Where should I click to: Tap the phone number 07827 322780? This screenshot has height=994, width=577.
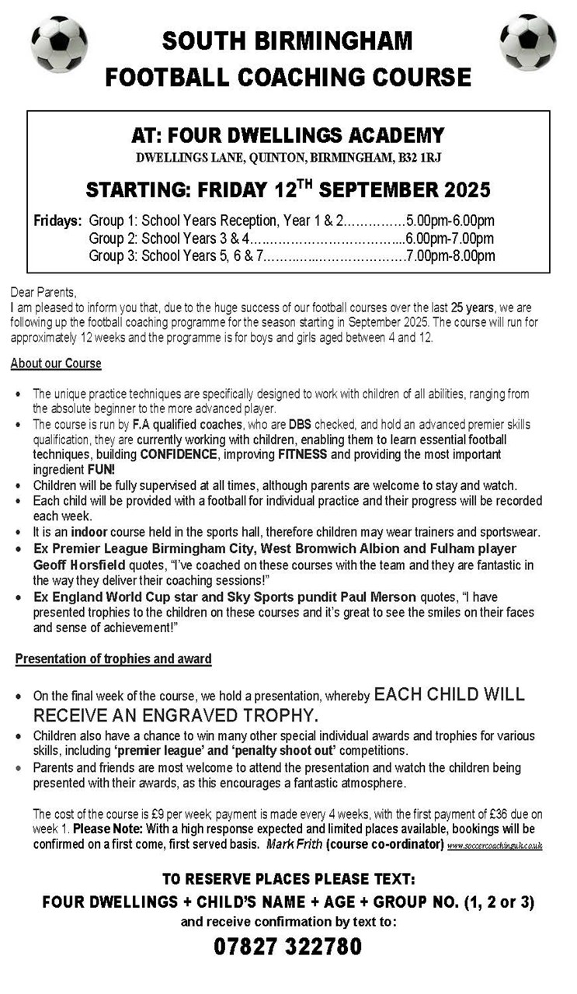tap(288, 947)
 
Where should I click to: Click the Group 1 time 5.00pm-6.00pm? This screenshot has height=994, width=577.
tap(450, 221)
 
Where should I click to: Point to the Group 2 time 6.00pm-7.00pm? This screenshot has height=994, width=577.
tap(450, 238)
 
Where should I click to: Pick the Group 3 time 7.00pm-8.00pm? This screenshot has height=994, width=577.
tap(450, 255)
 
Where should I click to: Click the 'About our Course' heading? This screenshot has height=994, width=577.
tap(56, 363)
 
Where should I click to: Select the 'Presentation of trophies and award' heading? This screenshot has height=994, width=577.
tap(113, 659)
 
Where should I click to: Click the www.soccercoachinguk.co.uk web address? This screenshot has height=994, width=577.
tap(495, 845)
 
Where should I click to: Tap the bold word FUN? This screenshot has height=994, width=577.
tap(101, 470)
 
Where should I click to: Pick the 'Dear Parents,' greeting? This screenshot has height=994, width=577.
tap(43, 293)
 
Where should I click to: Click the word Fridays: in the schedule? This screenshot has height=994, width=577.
tap(57, 221)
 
